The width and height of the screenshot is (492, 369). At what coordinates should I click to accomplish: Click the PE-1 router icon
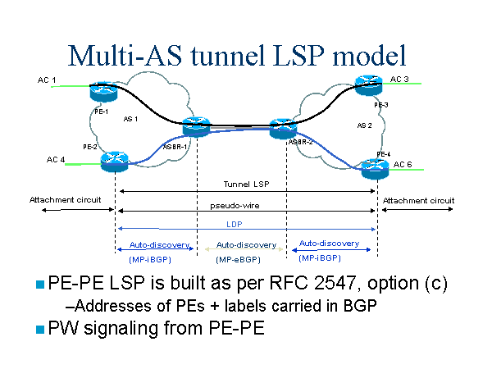tap(104, 89)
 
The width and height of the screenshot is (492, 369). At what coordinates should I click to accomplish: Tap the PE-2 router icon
tap(115, 160)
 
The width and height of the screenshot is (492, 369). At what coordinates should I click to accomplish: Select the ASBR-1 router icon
tap(197, 127)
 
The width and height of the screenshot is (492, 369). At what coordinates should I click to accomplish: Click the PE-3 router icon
tap(370, 84)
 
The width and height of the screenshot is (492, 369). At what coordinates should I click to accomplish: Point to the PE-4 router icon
tap(376, 169)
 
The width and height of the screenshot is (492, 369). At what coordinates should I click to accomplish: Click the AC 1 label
tap(47, 80)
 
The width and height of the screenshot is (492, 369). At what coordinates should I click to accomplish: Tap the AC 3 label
tap(399, 80)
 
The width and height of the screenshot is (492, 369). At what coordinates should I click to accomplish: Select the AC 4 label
tap(48, 160)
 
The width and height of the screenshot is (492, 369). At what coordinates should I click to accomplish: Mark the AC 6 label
tap(403, 165)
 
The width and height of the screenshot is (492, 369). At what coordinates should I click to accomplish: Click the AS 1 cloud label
tap(130, 119)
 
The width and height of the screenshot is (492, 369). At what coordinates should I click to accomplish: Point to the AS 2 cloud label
tap(365, 125)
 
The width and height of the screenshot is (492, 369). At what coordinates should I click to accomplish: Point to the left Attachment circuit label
tap(65, 200)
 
